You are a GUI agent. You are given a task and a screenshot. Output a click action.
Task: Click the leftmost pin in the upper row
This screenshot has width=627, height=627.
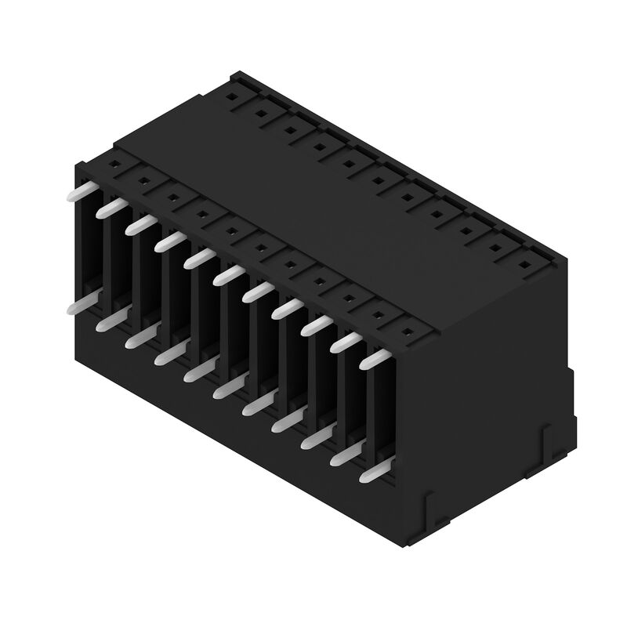(81, 191)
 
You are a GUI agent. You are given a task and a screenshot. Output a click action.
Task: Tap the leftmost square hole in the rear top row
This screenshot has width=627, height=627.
(233, 98)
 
